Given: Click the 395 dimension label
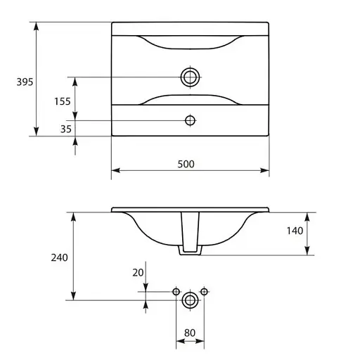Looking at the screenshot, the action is tap(25, 82).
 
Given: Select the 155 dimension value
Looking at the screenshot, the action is tap(63, 101).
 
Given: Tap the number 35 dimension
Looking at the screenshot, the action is tap(66, 129).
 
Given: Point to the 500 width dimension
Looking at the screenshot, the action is tap(186, 164).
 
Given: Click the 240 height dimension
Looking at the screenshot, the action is tap(59, 257).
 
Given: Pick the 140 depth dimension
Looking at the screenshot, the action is tap(295, 231).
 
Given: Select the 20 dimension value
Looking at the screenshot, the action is tap(138, 273).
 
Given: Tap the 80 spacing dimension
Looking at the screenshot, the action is tap(190, 333).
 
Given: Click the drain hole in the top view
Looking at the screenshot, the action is tap(190, 77).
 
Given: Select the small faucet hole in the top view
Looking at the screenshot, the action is tap(190, 120).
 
